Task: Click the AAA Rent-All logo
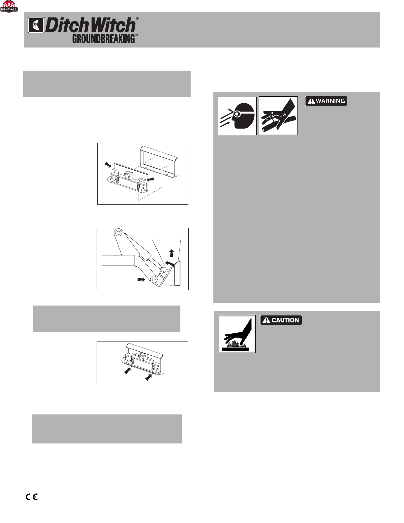tap(9, 7)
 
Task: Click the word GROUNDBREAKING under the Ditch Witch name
tap(104, 39)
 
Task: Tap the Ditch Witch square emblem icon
tap(36, 25)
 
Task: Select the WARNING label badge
tap(326, 101)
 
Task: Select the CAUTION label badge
tap(281, 320)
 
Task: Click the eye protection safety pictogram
tap(237, 116)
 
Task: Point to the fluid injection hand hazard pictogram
tap(278, 116)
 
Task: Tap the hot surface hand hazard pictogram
tap(237, 334)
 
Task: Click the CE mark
tap(32, 497)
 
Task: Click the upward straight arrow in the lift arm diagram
tap(171, 253)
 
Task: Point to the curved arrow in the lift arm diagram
tap(170, 263)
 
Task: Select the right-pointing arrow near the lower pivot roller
tap(141, 279)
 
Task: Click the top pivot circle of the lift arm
tap(118, 233)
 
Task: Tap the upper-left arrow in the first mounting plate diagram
tap(108, 165)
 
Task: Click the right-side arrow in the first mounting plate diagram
tap(150, 179)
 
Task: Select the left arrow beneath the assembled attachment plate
tap(127, 371)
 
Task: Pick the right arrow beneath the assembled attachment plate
tap(148, 377)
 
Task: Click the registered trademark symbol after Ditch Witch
tap(137, 18)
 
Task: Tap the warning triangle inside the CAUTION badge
tap(266, 320)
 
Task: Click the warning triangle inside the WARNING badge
tap(311, 101)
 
